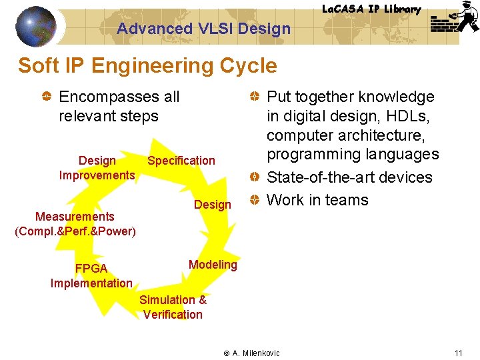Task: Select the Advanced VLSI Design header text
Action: (x=203, y=29)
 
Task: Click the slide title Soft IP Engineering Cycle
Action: (x=147, y=66)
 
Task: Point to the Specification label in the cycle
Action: (x=181, y=161)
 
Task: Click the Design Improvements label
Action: (x=97, y=168)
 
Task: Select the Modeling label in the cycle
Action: (x=213, y=265)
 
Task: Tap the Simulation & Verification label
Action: (x=173, y=307)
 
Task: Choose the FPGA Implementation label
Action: (x=91, y=276)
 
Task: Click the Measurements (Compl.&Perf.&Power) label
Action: (x=75, y=224)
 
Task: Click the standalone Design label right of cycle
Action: (x=212, y=205)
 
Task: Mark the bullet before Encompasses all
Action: (x=46, y=97)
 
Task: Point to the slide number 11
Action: (x=458, y=353)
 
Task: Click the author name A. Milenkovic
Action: (x=256, y=353)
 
